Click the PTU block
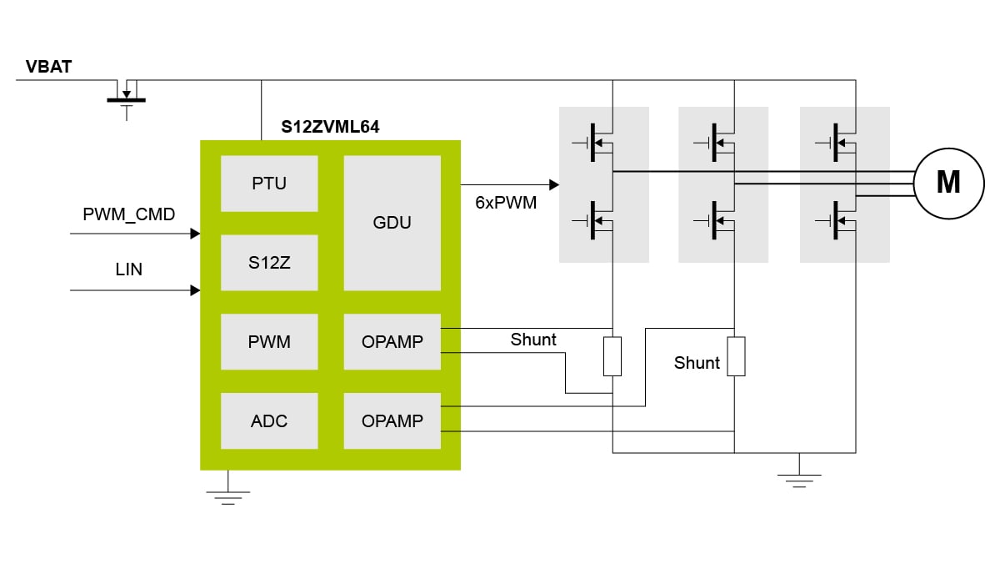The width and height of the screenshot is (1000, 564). click(269, 184)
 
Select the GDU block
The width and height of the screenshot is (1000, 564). click(392, 223)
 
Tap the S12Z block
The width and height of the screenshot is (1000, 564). click(269, 262)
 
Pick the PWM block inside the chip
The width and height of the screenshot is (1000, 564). click(269, 341)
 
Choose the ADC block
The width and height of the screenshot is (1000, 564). click(269, 421)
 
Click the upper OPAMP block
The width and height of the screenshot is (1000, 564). click(392, 341)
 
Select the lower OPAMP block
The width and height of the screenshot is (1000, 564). click(392, 421)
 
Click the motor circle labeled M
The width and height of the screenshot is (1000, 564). click(947, 182)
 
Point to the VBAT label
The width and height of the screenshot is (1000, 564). click(48, 67)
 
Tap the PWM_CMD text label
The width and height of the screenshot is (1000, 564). click(129, 214)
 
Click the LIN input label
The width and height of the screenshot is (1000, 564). click(129, 269)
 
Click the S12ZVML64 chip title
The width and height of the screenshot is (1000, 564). click(332, 128)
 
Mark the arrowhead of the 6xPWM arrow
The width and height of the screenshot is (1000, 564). click(553, 184)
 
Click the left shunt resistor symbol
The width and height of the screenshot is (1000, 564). click(612, 356)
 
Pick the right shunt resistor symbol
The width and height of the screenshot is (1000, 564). click(735, 356)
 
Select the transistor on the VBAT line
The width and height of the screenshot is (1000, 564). click(127, 93)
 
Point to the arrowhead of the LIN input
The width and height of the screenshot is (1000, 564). click(196, 290)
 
